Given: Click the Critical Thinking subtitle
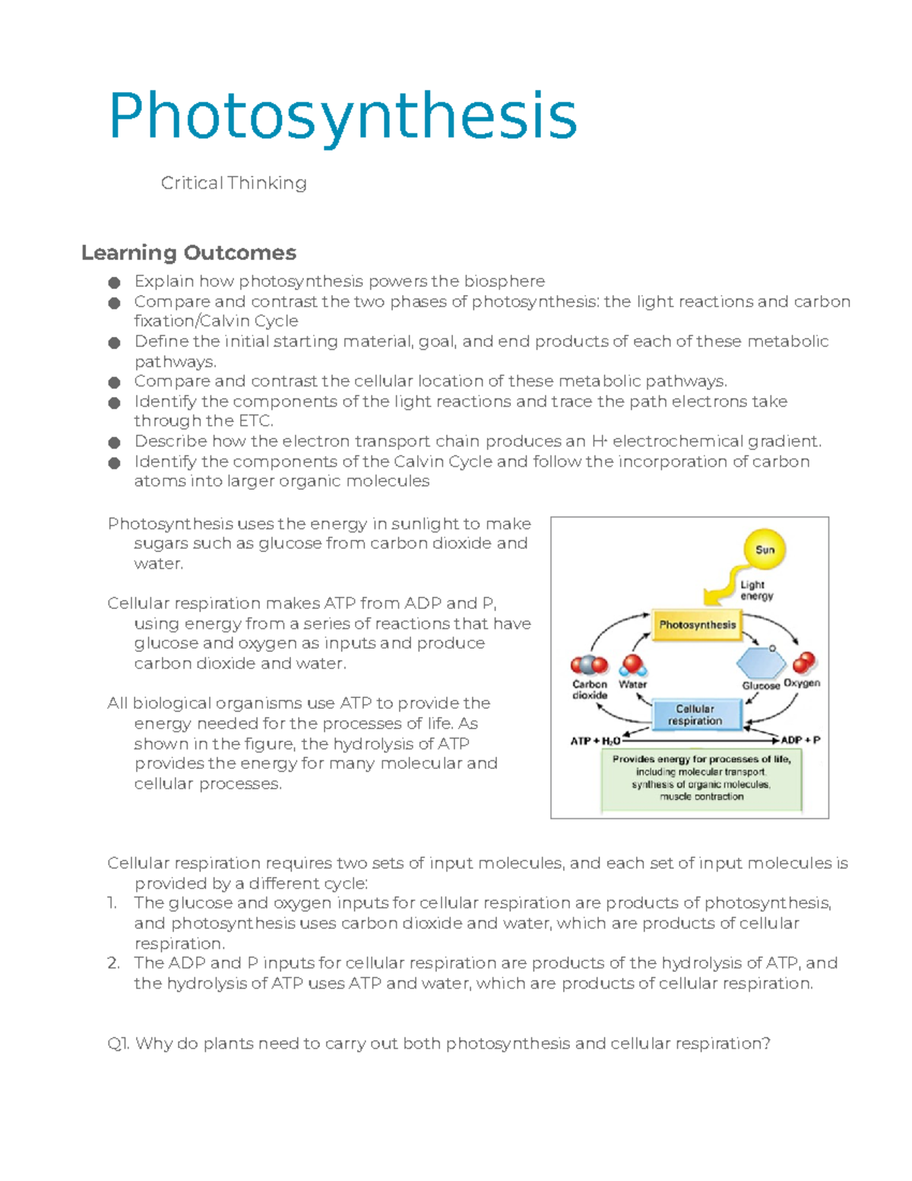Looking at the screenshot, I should (x=233, y=183).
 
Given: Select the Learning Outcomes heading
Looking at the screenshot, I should (x=188, y=252).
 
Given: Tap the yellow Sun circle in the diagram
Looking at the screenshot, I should (x=765, y=550).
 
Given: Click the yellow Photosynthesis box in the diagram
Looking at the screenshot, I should (x=697, y=625).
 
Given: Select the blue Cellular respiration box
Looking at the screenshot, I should (x=695, y=715).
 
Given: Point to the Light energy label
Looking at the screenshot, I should (x=756, y=590).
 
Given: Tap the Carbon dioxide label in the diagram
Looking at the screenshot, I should (x=590, y=690).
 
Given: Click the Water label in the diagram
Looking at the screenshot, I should (x=632, y=684).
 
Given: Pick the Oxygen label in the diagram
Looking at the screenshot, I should (x=802, y=683).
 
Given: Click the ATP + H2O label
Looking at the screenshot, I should (x=595, y=741).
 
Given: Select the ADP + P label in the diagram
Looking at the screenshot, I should (x=800, y=740).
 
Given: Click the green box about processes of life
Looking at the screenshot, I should (x=701, y=778).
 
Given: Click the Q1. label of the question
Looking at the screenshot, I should (x=119, y=1044).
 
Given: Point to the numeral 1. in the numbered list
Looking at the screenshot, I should (x=112, y=903).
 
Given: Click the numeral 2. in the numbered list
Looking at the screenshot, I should (x=113, y=964).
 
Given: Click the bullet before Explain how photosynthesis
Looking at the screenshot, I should (x=114, y=283).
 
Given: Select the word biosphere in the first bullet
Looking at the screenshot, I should (x=505, y=281).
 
